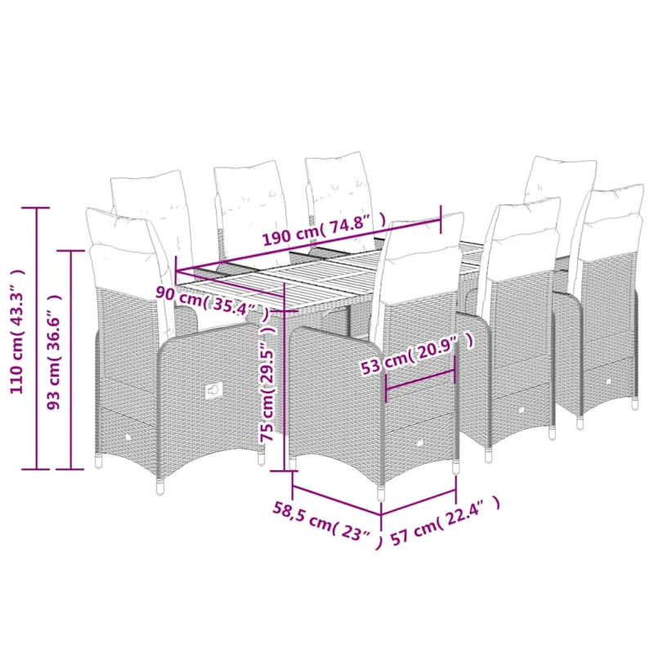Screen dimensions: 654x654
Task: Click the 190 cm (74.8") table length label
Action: pos(324,231)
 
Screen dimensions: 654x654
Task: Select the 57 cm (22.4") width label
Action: pos(445,522)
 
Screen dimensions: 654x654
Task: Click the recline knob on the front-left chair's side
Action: pos(214,391)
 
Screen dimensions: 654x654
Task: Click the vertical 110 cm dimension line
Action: pos(37,338)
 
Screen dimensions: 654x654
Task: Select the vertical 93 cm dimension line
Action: pos(71,360)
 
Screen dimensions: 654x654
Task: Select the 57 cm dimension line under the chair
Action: pos(419,502)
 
